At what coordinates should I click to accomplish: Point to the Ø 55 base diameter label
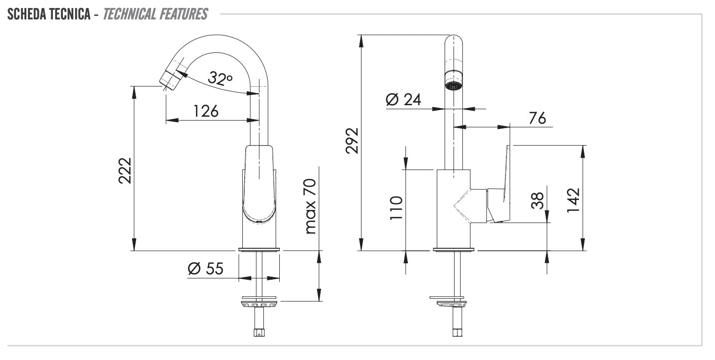pyautogui.click(x=205, y=269)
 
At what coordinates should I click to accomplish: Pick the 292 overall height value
pyautogui.click(x=352, y=142)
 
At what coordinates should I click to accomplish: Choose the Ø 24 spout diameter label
pyautogui.click(x=403, y=100)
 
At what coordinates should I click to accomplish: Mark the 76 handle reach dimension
pyautogui.click(x=536, y=118)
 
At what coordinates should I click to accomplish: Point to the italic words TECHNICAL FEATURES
pyautogui.click(x=155, y=14)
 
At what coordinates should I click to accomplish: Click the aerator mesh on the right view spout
pyautogui.click(x=453, y=86)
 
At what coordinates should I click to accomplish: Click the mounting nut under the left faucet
pyautogui.click(x=259, y=303)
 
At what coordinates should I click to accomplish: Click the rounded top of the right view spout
pyautogui.click(x=453, y=40)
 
